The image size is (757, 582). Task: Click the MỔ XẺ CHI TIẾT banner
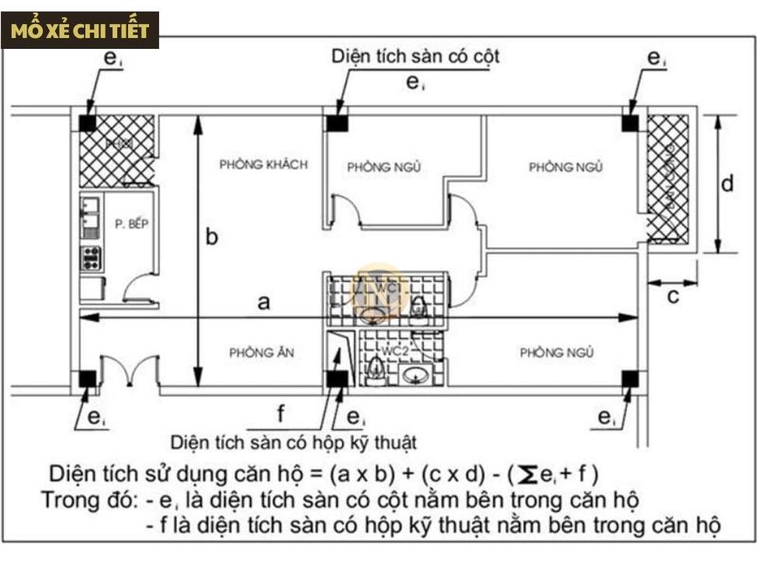coord(81,30)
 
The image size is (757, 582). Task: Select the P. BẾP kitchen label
coord(131,223)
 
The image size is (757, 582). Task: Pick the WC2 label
coord(394,351)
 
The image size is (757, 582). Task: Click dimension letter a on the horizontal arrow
coord(264,302)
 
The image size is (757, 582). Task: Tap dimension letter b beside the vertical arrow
coord(211,237)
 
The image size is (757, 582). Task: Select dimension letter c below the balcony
coord(673,296)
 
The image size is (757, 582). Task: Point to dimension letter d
coord(727,185)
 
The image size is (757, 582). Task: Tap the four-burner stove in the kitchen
coord(92,258)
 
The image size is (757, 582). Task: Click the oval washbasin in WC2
coord(417,376)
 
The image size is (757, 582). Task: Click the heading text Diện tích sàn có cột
coord(415,57)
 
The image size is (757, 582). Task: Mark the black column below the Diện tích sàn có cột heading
coord(337,123)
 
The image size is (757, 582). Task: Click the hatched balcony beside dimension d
coord(668,178)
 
